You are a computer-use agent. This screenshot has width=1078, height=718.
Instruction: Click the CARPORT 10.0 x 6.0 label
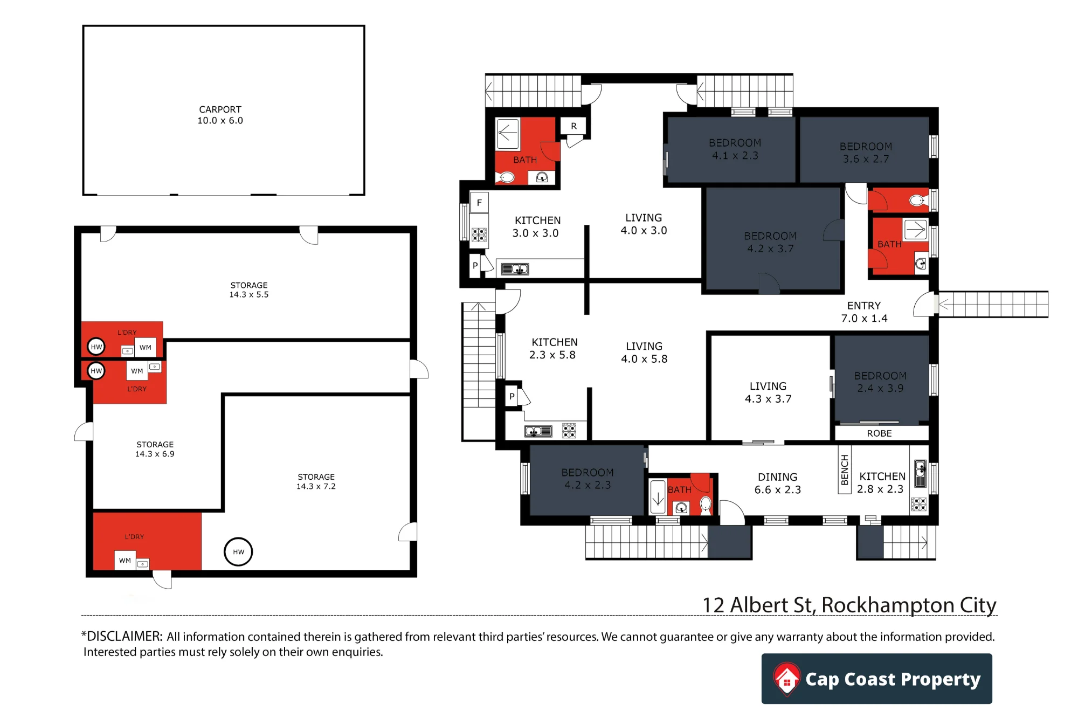(220, 115)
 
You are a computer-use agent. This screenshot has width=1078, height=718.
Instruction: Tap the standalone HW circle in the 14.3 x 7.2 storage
(238, 551)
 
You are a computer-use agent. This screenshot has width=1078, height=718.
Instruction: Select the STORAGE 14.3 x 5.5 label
(248, 289)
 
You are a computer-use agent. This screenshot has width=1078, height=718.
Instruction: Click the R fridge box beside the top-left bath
(573, 126)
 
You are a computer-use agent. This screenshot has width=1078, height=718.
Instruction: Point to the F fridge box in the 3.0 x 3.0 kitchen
(479, 203)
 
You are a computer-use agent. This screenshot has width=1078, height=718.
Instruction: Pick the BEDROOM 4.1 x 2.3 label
(735, 149)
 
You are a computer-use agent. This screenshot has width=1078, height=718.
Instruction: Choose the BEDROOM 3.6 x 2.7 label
(866, 153)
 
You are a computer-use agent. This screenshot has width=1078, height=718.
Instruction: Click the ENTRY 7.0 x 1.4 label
(864, 312)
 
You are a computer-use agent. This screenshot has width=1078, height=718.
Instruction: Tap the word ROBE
(879, 433)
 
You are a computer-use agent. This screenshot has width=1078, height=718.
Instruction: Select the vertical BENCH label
(845, 470)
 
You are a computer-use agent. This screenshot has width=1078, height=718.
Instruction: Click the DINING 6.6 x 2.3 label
(777, 484)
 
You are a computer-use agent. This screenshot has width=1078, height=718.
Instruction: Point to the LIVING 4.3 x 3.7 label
(768, 392)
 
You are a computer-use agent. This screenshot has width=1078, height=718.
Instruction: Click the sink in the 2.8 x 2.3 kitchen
(920, 473)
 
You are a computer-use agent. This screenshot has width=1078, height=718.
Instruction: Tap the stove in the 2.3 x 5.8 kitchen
(569, 430)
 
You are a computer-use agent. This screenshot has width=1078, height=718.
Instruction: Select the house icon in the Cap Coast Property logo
(787, 679)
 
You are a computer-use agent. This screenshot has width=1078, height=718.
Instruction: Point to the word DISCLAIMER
(124, 636)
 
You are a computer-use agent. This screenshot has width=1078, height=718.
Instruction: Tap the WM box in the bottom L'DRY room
(125, 560)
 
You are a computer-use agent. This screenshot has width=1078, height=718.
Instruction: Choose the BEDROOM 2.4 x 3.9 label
(880, 382)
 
